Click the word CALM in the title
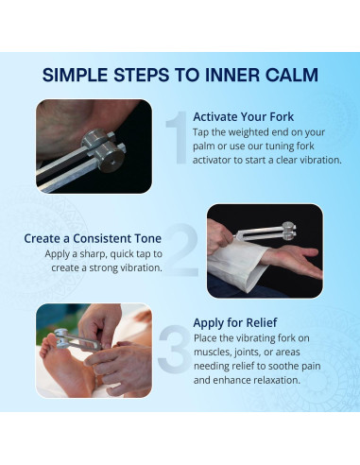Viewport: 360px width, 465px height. (x=291, y=75)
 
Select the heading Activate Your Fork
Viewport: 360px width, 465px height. (x=244, y=117)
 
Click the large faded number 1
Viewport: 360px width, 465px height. (x=179, y=137)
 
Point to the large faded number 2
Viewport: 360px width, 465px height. (x=181, y=250)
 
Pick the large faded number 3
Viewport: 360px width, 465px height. (x=175, y=350)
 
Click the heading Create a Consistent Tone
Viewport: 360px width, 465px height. (x=93, y=238)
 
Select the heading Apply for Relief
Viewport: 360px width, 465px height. (x=235, y=322)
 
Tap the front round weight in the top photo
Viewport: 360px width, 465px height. (x=110, y=157)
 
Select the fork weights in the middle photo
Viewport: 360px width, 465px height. (x=289, y=231)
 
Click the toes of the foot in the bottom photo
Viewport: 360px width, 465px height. (x=48, y=346)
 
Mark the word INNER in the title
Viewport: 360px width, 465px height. (x=232, y=75)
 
